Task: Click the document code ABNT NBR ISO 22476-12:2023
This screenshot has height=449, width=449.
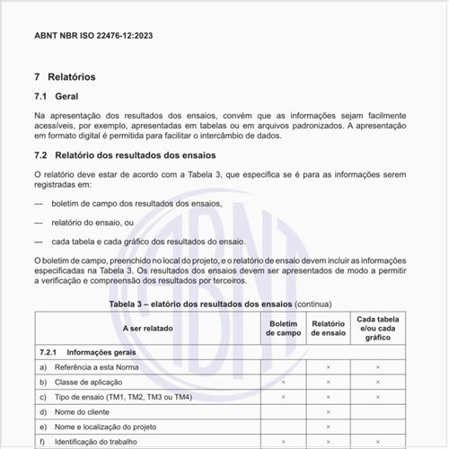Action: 92,36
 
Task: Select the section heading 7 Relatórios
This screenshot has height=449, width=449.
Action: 65,77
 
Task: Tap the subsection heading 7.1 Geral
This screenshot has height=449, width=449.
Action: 57,96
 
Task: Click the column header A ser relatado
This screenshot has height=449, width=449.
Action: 148,329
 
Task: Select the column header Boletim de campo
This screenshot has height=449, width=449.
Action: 283,329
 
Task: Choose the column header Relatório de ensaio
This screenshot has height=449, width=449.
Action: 329,329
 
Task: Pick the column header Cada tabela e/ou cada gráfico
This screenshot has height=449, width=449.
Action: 377,329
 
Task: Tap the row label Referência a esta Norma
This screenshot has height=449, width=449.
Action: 104,367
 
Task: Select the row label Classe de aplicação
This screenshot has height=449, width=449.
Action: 92,383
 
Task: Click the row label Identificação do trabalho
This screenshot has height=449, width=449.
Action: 103,441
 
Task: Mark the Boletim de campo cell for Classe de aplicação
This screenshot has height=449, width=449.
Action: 283,383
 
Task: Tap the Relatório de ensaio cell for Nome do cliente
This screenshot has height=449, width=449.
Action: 329,411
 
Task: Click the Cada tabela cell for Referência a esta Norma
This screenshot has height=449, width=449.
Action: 377,367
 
